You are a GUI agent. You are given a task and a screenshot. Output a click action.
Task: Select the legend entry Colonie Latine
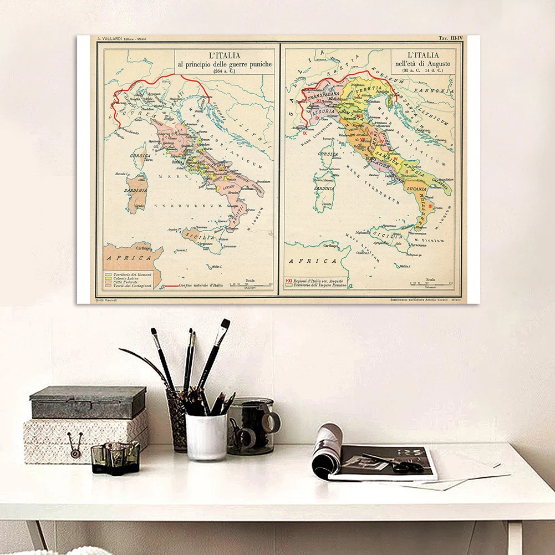[126, 278]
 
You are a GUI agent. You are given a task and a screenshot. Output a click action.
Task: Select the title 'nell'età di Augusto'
[423, 64]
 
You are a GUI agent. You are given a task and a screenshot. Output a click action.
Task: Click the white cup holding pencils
[206, 436]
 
